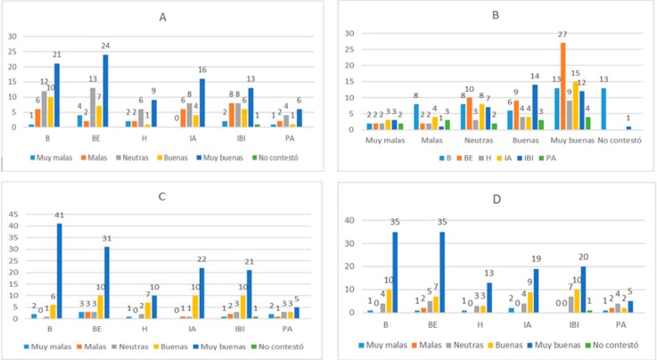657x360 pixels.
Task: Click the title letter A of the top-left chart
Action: point(161,17)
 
